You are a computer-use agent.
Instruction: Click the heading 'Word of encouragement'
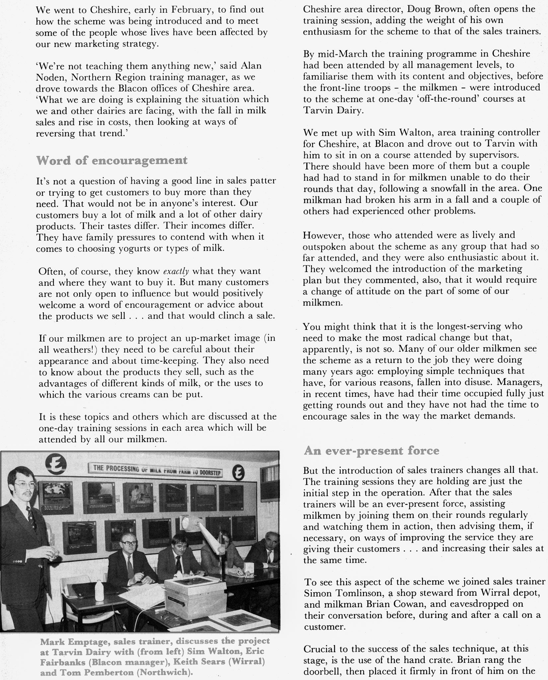(112, 160)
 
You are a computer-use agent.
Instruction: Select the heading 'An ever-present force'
(371, 451)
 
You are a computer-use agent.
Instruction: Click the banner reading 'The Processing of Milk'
(155, 469)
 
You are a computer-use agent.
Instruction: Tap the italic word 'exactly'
(176, 271)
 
